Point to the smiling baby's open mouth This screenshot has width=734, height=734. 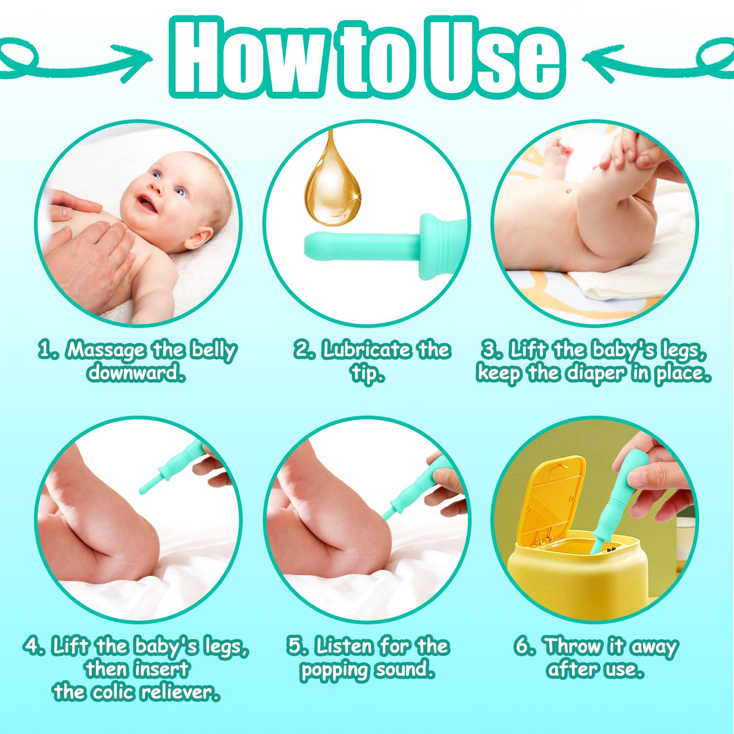point(146,203)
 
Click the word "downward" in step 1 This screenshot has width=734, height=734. point(137,373)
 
